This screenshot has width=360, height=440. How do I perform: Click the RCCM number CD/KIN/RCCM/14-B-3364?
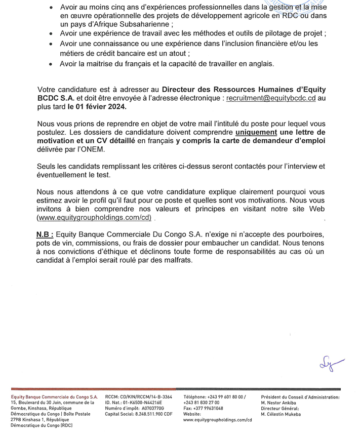tap(138, 397)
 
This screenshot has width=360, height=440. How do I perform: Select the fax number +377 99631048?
tap(203, 408)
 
